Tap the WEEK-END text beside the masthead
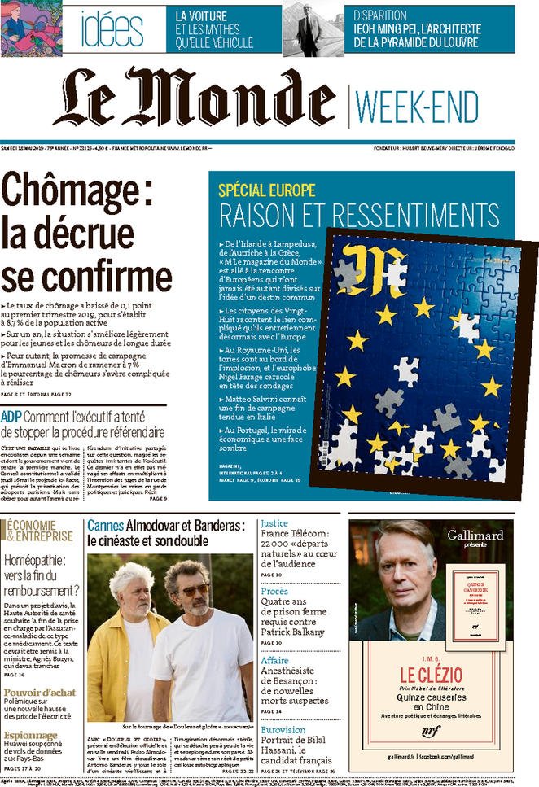(418, 106)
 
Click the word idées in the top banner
(112, 28)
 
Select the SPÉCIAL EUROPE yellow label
(266, 190)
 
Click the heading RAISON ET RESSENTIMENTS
(359, 216)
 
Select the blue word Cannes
(105, 525)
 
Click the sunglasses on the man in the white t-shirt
(194, 588)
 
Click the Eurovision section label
(283, 730)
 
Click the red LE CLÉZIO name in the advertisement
(431, 675)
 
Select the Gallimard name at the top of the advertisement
(475, 535)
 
